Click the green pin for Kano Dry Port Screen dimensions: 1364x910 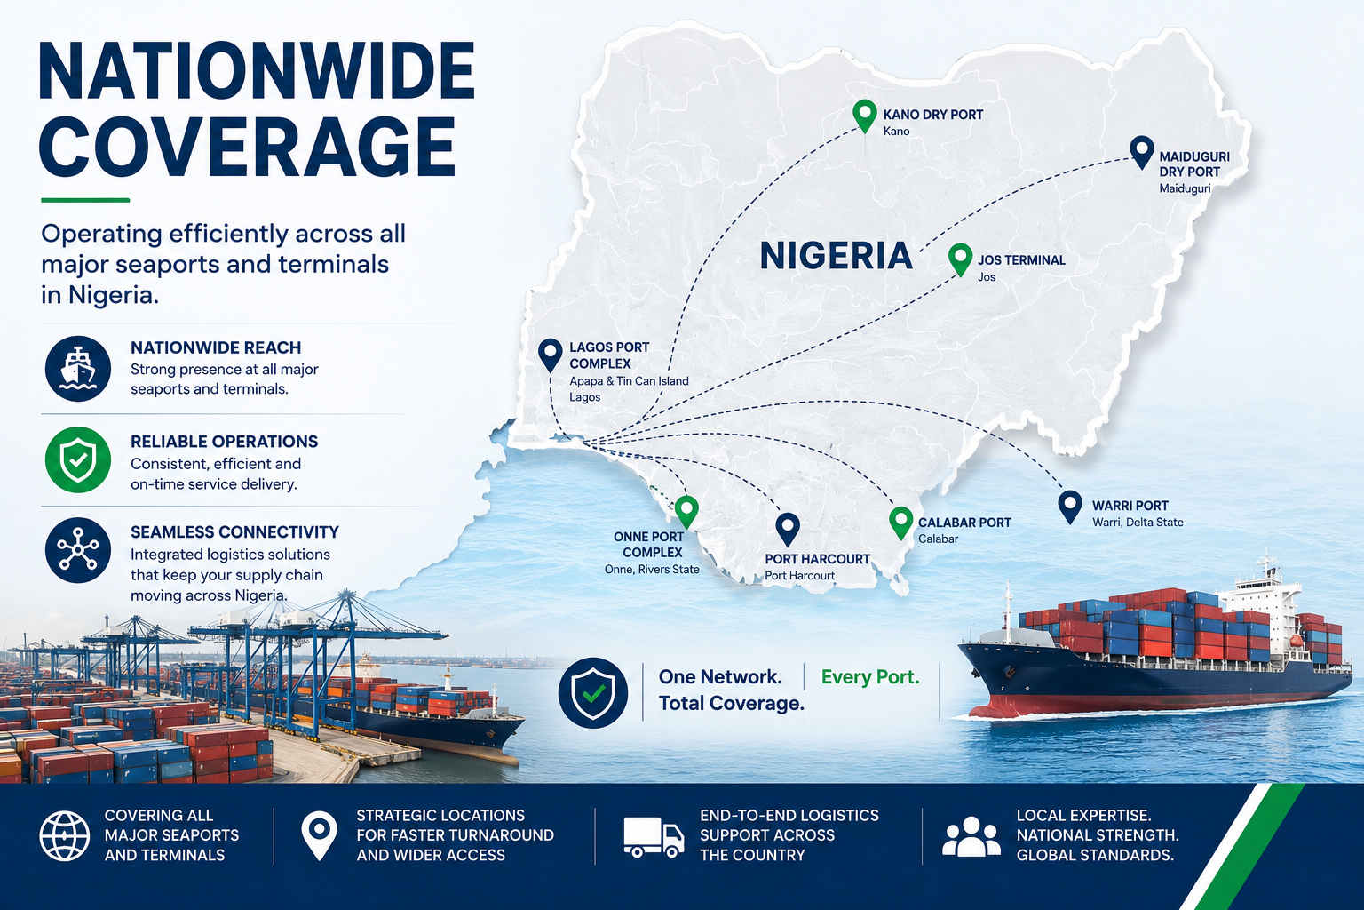click(x=865, y=116)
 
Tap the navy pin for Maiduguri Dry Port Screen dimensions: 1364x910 click(x=1141, y=152)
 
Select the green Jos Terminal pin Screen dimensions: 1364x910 click(x=960, y=259)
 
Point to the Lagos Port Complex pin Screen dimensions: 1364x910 click(x=551, y=355)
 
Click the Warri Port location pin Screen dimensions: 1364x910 click(x=1070, y=507)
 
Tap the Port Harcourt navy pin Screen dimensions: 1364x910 click(x=788, y=529)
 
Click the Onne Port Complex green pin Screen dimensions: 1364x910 click(x=686, y=511)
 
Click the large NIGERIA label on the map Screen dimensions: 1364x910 click(x=836, y=255)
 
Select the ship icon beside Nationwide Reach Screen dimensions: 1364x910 click(x=78, y=368)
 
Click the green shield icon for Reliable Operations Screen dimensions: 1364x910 click(x=78, y=459)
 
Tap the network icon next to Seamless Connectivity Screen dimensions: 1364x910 click(x=78, y=550)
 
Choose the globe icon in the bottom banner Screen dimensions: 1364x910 click(x=65, y=835)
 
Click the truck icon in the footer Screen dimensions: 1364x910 click(x=654, y=837)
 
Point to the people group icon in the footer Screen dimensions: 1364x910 click(x=971, y=836)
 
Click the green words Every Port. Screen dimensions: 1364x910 click(x=870, y=676)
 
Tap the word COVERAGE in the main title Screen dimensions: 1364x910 click(x=247, y=147)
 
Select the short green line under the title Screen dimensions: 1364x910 click(x=85, y=199)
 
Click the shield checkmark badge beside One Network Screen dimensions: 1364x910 click(x=593, y=692)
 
